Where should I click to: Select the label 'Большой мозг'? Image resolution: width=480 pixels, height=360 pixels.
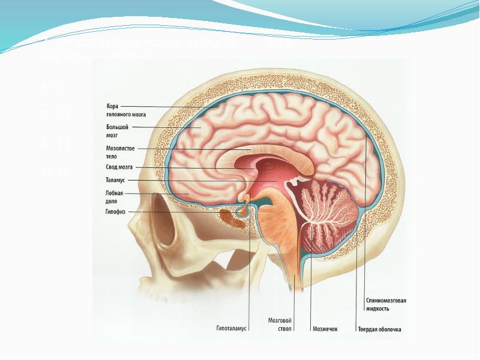[x=116, y=130]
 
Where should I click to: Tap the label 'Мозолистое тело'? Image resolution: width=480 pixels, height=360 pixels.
[x=120, y=151]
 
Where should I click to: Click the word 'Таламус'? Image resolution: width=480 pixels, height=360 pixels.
[x=114, y=180]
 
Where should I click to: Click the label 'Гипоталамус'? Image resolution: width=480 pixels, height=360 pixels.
[x=232, y=329]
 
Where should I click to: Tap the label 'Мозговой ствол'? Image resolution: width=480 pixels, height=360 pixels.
[x=279, y=325]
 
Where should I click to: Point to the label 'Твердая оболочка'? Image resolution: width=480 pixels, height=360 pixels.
[x=379, y=329]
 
